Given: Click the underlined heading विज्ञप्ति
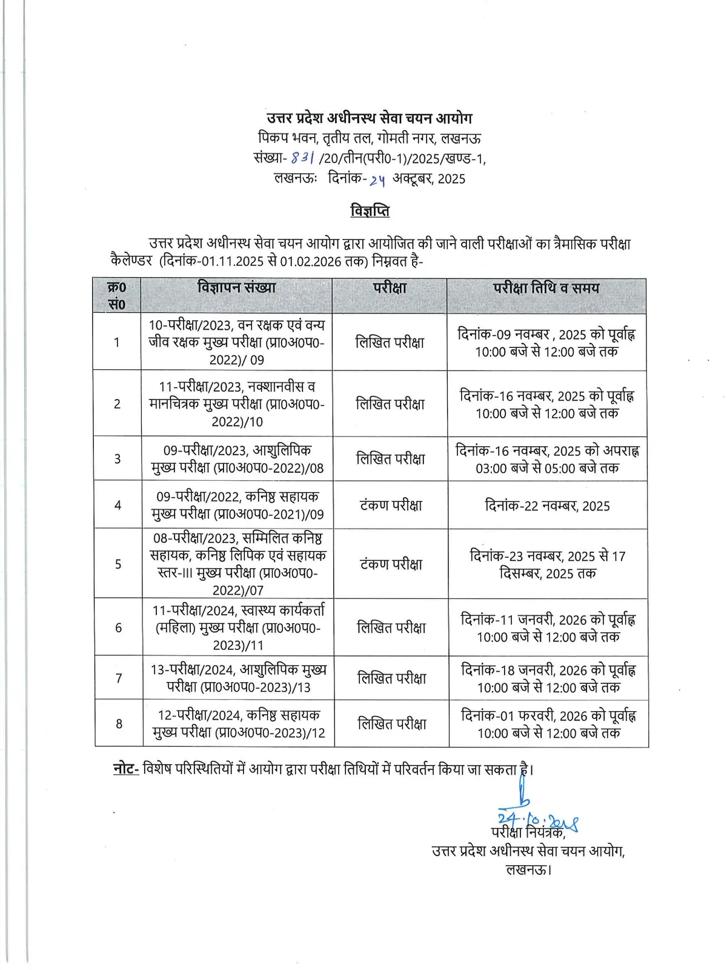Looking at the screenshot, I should [x=370, y=211].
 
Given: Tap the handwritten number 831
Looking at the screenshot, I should [x=303, y=158].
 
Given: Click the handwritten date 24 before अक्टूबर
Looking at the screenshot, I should [x=377, y=179].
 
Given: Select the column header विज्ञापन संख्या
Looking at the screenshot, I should [x=236, y=287].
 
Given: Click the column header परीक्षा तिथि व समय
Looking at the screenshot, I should [x=546, y=288].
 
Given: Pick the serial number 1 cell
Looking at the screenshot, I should [x=117, y=343].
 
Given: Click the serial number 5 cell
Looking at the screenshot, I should [x=118, y=564].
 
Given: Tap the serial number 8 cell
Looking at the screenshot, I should [x=119, y=723].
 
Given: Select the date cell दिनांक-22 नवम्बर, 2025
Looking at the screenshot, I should [x=547, y=506].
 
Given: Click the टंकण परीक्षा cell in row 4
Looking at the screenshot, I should [x=391, y=506].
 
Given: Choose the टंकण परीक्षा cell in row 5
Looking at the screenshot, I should [x=391, y=564].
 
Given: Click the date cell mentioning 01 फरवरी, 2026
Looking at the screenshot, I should [x=548, y=724].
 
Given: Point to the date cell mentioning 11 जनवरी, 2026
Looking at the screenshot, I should [x=548, y=628].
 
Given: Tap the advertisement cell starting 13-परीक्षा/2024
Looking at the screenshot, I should [x=239, y=678].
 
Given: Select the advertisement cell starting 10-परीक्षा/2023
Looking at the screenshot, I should [x=237, y=342].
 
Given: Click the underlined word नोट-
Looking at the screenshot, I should [x=126, y=769].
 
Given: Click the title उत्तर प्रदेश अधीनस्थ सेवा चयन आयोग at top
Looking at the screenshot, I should [x=370, y=118].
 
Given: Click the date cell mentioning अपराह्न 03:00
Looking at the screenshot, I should [x=547, y=459].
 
